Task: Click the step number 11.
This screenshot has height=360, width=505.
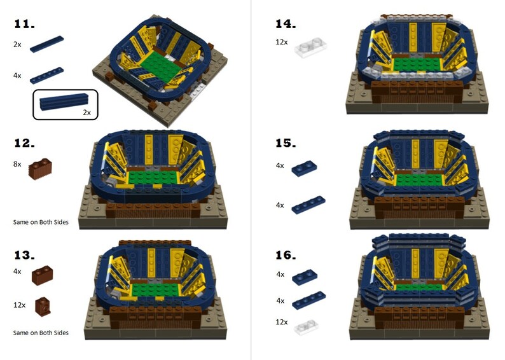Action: [x=24, y=24]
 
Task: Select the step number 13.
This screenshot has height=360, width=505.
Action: [x=24, y=255]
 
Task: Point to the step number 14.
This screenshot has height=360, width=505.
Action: [x=286, y=24]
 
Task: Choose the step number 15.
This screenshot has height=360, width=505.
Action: [x=286, y=143]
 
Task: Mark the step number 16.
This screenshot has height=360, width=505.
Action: [x=286, y=255]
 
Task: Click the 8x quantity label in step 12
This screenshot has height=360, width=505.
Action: [x=17, y=164]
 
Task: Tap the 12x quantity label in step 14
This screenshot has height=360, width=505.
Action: [x=281, y=42]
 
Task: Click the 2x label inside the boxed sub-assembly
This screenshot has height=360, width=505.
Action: [x=86, y=112]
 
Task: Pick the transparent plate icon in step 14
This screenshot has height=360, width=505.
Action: [x=309, y=49]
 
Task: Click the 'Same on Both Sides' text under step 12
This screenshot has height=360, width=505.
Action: [x=41, y=222]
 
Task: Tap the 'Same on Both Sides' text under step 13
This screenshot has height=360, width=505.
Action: [x=41, y=333]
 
